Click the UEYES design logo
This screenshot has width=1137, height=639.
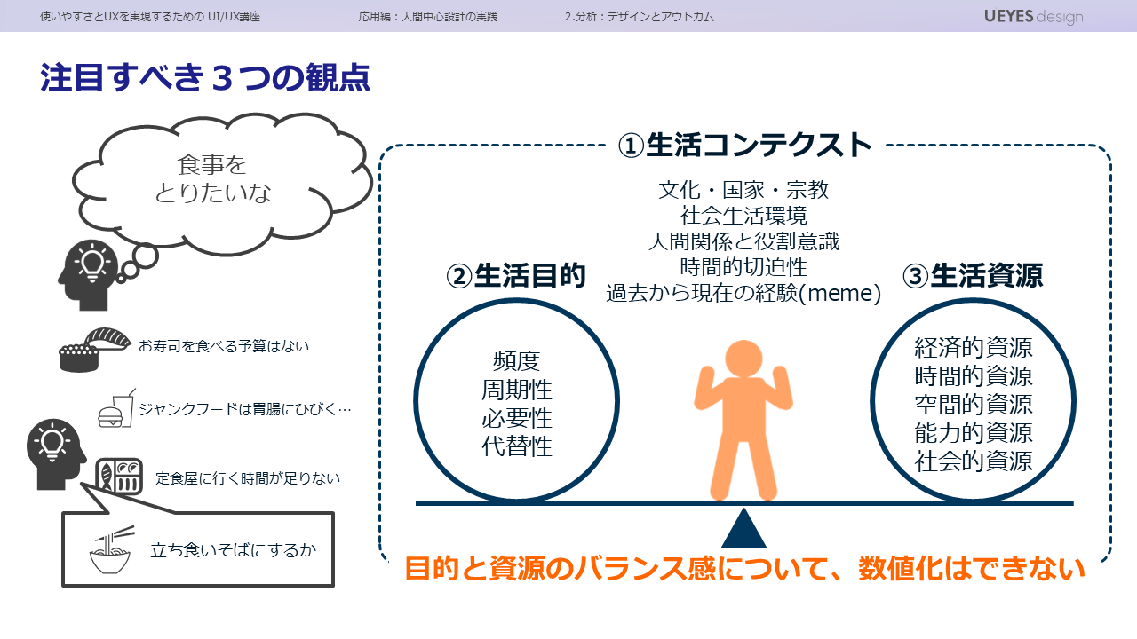click(x=1033, y=16)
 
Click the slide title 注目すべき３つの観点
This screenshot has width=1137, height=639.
click(x=205, y=78)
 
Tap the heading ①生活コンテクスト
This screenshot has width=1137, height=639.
click(x=745, y=145)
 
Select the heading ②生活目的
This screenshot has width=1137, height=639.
click(x=516, y=276)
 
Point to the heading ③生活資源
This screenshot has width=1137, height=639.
click(x=972, y=276)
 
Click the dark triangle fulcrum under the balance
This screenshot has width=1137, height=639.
click(x=743, y=529)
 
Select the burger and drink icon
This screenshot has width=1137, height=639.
click(x=116, y=409)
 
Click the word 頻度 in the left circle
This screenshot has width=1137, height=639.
click(x=516, y=361)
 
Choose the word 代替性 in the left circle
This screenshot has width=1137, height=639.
click(x=516, y=446)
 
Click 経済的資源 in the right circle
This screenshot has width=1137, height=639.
click(x=974, y=347)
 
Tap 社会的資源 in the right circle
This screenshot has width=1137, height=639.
click(x=974, y=461)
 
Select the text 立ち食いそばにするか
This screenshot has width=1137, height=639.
click(x=233, y=550)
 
